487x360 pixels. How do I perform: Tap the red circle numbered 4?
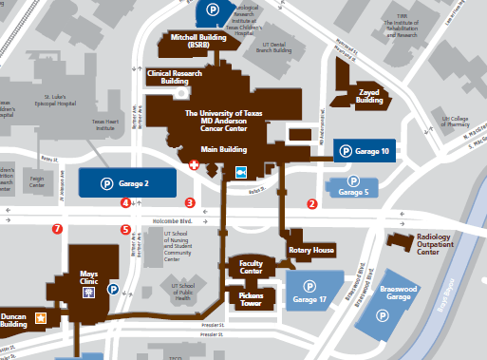click(125, 202)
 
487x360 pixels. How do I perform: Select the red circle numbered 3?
click(190, 202)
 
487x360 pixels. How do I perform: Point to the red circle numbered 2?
click(312, 203)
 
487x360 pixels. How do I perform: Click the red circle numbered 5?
click(125, 229)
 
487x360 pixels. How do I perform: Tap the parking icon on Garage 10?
click(347, 150)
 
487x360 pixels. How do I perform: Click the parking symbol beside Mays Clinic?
click(113, 290)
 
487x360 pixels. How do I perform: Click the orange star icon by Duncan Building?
click(41, 316)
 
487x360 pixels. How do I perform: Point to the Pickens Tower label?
click(251, 299)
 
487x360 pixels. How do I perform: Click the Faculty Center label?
click(251, 267)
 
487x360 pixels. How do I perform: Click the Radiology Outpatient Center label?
click(441, 245)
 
